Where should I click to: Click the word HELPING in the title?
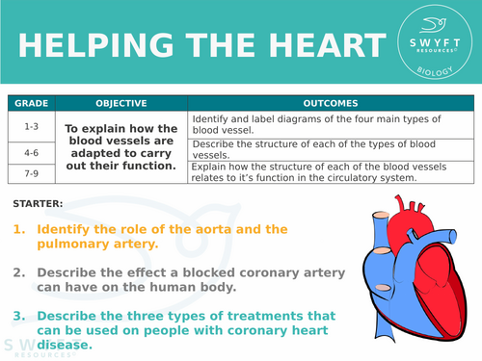[x=80, y=47]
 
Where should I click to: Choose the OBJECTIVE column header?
[x=120, y=103]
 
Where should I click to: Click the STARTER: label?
[x=39, y=203]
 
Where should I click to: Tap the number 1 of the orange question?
[x=19, y=230]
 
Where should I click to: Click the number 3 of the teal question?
[x=19, y=316]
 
